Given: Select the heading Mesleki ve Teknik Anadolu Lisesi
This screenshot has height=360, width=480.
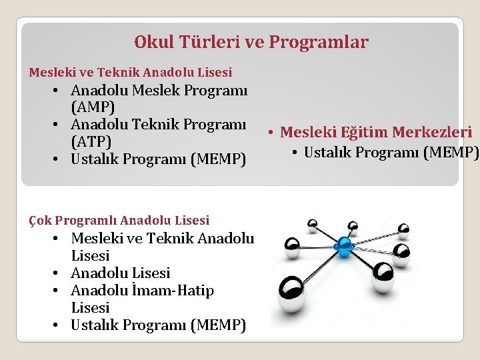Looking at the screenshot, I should tap(131, 72).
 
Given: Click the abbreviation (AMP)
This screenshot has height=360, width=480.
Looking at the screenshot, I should tap(93, 107).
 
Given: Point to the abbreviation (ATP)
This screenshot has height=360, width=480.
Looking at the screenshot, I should tap(91, 142).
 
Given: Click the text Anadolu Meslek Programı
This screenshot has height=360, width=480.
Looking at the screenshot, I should tap(159, 90).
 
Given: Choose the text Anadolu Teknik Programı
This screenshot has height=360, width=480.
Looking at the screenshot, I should tap(158, 125).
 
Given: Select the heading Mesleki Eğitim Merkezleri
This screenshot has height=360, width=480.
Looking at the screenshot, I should tap(376, 133).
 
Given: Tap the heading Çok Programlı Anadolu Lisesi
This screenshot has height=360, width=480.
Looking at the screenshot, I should tap(119, 220).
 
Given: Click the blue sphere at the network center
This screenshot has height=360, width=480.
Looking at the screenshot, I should tap(344, 246).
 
